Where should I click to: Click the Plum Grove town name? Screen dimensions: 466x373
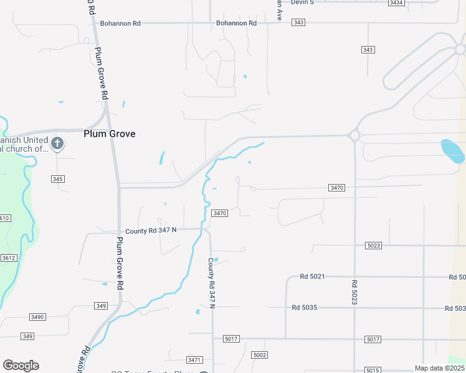click(110, 134)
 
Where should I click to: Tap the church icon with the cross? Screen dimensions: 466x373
click(57, 144)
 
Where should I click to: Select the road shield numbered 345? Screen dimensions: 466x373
click(58, 179)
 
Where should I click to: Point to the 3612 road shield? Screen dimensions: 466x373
click(9, 258)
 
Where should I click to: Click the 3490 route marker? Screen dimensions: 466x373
click(37, 317)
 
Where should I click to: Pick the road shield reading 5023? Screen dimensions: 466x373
click(374, 246)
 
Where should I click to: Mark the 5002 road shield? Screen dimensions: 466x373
click(260, 355)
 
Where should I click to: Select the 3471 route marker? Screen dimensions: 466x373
click(194, 360)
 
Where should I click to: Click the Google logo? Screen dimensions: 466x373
click(21, 366)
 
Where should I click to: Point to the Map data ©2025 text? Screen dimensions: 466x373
click(439, 368)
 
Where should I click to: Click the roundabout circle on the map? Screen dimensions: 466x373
click(354, 135)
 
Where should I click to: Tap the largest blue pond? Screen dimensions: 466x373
click(452, 150)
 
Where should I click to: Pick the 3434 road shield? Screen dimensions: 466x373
click(396, 2)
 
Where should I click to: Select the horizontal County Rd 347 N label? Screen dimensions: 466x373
click(151, 231)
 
